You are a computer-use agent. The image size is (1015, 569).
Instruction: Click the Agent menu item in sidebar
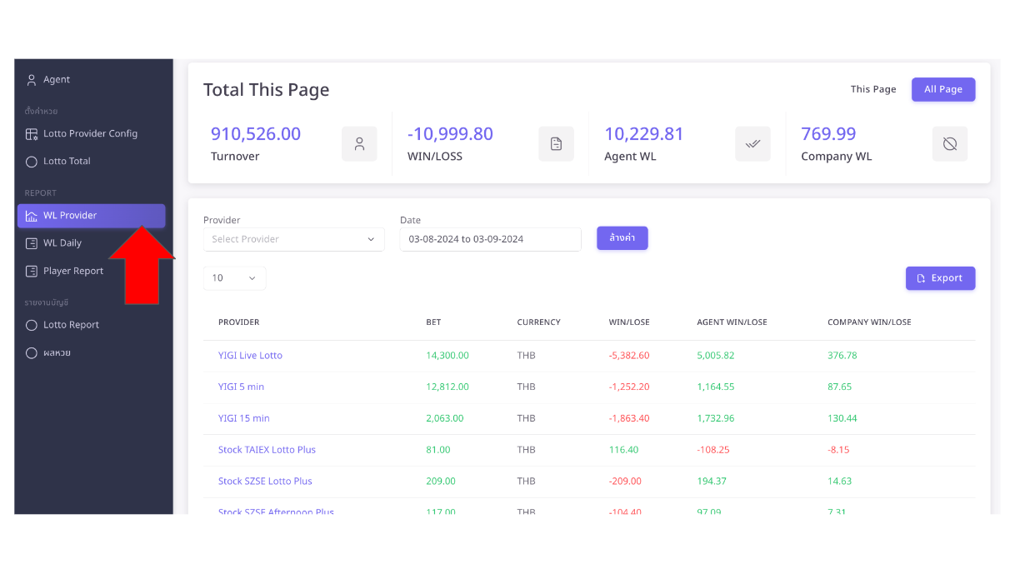tap(56, 80)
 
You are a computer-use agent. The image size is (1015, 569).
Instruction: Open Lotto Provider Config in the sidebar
tap(90, 134)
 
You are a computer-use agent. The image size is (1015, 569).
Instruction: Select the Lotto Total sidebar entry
tap(67, 162)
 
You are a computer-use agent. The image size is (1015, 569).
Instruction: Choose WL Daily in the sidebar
tap(62, 243)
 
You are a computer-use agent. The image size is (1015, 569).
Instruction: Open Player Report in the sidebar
tap(73, 271)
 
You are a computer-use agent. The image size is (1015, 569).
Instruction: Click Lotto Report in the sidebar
tap(71, 325)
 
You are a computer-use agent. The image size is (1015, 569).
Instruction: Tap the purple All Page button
tap(942, 90)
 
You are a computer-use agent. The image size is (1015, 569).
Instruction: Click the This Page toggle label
tap(872, 90)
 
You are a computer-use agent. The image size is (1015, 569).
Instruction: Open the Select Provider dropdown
tap(293, 240)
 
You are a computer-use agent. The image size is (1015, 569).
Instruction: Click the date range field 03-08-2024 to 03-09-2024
tap(490, 240)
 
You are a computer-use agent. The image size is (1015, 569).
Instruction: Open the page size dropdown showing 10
tap(234, 278)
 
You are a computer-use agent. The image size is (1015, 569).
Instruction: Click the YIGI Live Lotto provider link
tap(250, 356)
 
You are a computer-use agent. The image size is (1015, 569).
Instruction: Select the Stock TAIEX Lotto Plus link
tap(267, 450)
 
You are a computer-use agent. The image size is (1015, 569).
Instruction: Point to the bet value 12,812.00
tap(447, 387)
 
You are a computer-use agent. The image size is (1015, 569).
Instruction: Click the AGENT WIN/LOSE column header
tap(732, 322)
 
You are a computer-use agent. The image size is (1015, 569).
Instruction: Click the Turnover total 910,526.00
tap(255, 134)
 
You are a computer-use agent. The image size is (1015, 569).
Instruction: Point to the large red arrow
tap(141, 267)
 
